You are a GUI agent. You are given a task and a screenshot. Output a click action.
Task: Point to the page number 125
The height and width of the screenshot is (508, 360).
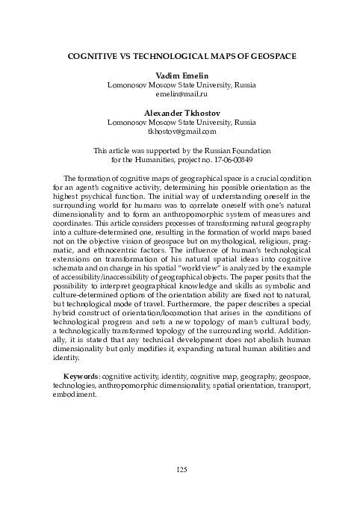180,468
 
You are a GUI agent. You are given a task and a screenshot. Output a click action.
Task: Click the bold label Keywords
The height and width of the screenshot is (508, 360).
81,371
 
